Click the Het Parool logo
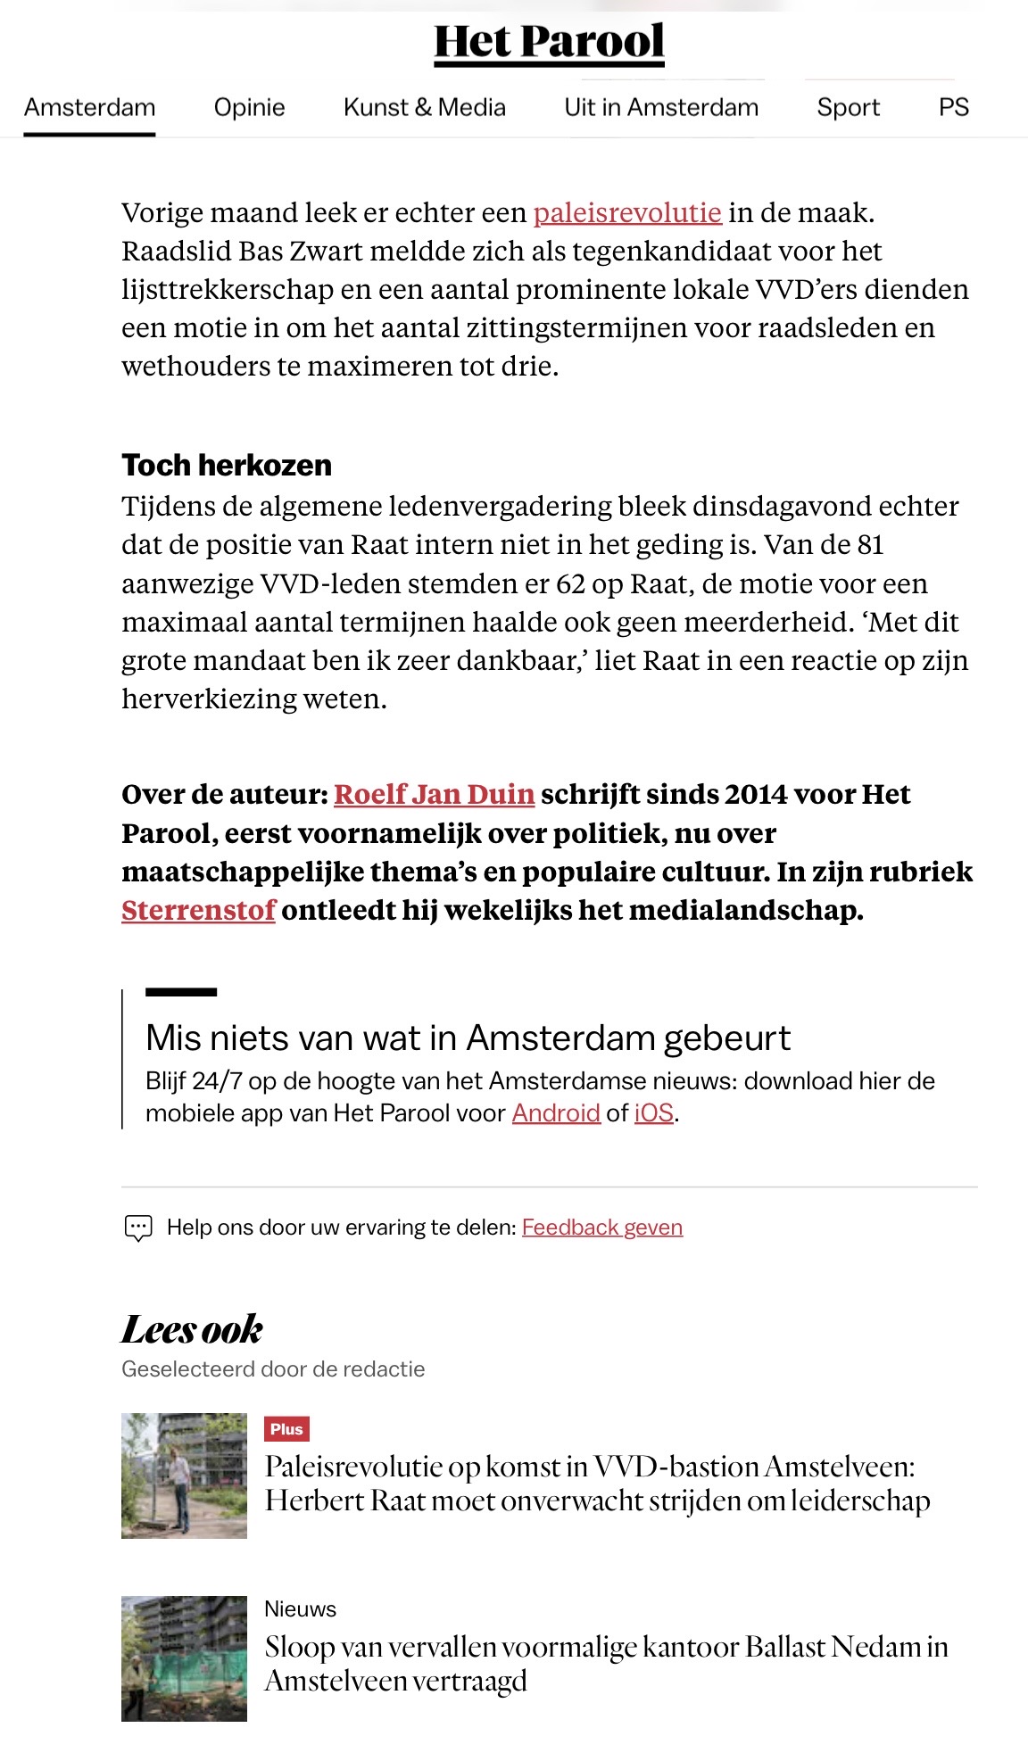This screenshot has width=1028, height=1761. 549,42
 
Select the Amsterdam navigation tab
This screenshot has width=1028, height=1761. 89,108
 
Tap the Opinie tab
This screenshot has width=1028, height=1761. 249,108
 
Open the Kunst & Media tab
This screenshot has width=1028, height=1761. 424,108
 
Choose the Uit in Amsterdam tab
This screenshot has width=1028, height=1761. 661,108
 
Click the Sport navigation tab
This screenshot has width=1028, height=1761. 848,108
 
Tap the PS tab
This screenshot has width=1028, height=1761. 953,108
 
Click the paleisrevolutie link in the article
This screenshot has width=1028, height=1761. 627,213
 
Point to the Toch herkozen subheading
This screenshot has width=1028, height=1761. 227,466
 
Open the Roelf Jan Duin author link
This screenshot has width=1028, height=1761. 434,794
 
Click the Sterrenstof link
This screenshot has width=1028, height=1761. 198,910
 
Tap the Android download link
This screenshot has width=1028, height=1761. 555,1113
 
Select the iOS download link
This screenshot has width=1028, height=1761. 653,1113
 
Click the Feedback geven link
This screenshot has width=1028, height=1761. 602,1228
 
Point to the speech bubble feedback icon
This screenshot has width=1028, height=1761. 138,1228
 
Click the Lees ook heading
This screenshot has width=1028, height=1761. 192,1329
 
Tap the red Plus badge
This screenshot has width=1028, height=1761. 286,1429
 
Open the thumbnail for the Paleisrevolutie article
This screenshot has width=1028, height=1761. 184,1476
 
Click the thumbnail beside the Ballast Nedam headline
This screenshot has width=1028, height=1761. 184,1658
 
